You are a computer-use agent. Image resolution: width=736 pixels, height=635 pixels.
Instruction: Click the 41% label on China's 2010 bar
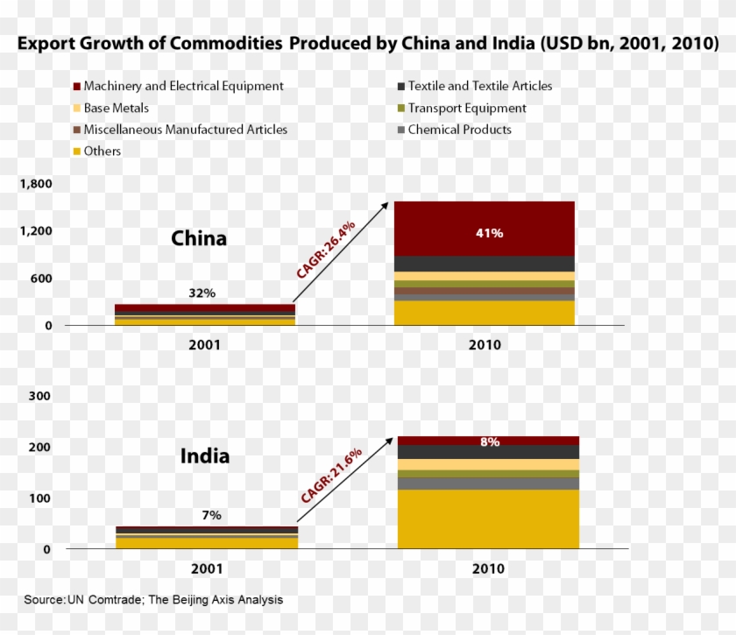click(x=489, y=233)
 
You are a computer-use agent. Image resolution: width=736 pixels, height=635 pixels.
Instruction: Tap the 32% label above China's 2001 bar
click(x=202, y=293)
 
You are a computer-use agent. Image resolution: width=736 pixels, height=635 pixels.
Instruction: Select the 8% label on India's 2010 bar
click(x=490, y=442)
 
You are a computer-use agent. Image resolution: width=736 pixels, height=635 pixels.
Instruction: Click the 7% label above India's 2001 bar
click(x=211, y=515)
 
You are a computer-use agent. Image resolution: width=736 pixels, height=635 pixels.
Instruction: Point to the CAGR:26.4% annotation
click(x=325, y=250)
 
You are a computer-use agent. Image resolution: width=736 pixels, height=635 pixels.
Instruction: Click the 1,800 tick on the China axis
click(x=36, y=184)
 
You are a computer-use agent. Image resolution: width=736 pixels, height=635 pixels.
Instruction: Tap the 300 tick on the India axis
click(x=40, y=396)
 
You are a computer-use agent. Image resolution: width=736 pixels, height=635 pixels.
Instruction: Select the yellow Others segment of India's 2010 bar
click(x=488, y=519)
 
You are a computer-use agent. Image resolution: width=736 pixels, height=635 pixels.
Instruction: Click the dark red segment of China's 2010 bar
click(x=484, y=228)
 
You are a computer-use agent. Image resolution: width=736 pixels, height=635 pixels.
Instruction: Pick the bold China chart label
click(x=198, y=238)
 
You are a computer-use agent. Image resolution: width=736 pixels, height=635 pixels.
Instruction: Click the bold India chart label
click(x=205, y=456)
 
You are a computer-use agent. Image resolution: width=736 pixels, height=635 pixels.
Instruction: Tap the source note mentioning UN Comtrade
click(x=153, y=600)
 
